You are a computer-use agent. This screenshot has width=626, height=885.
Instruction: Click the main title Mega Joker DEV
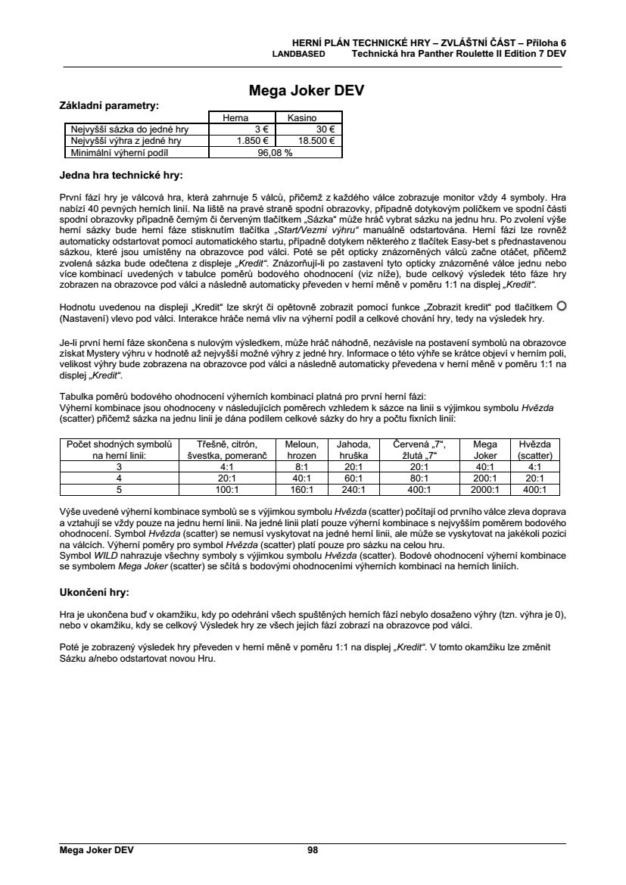tap(307, 91)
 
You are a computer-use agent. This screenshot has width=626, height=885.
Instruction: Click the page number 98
tap(313, 850)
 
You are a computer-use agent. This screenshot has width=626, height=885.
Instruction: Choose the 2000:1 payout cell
tap(484, 490)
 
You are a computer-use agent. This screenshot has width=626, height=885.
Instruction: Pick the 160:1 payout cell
tap(301, 490)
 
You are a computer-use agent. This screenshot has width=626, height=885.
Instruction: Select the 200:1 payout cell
tap(484, 478)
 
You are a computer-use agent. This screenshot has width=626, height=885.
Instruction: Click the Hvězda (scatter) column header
tap(534, 450)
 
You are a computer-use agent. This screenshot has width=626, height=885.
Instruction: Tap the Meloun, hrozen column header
tap(301, 450)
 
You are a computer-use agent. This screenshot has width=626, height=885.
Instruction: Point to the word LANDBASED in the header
tap(299, 55)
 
